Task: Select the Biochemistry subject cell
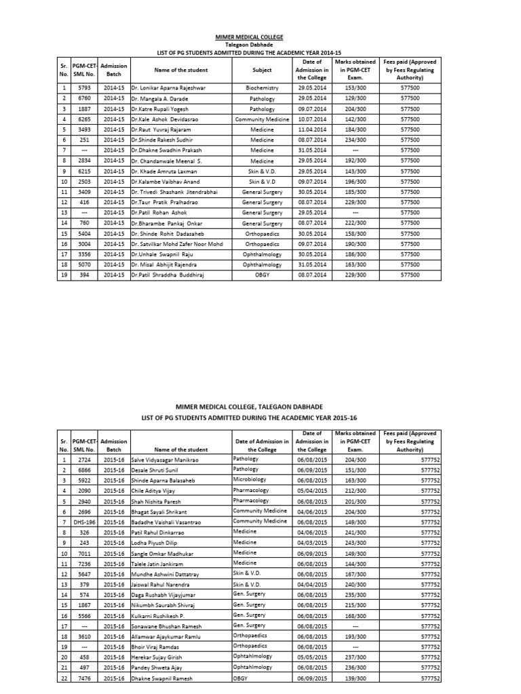(x=262, y=87)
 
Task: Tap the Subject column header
(x=262, y=70)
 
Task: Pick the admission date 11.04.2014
(x=311, y=129)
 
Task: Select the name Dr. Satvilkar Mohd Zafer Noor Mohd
(x=178, y=244)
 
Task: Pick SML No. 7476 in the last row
(x=85, y=678)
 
